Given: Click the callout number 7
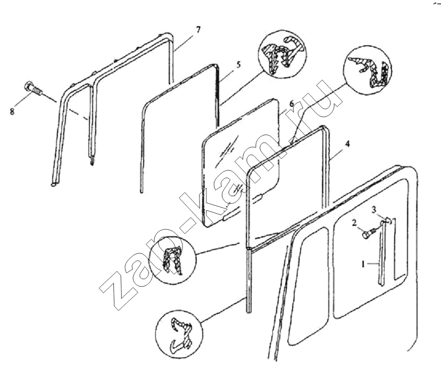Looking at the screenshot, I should tap(198, 30).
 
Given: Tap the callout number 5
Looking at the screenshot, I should tap(238, 65).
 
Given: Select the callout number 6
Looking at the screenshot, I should tap(292, 103).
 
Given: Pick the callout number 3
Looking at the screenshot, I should tap(375, 210).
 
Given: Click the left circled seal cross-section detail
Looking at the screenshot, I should tap(172, 257).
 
